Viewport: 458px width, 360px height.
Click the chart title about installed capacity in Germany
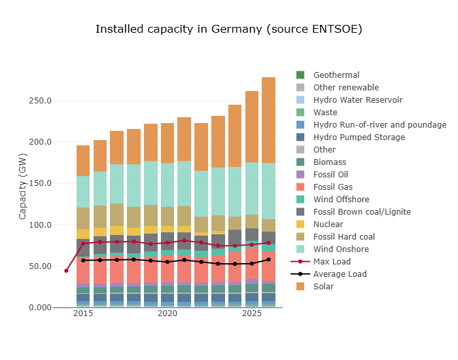(228, 29)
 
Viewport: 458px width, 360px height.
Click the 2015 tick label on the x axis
(83, 314)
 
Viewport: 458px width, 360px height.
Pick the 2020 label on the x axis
(167, 314)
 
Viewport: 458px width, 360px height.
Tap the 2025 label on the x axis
(252, 314)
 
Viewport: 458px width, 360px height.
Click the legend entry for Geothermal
(336, 75)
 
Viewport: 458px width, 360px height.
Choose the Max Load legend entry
(332, 262)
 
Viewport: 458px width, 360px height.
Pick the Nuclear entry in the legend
(328, 225)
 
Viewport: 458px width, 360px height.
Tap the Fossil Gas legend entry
(332, 187)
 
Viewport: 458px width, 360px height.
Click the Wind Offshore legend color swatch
(300, 200)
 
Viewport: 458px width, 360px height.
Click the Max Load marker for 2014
(66, 270)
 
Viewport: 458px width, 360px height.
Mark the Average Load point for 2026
(269, 260)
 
